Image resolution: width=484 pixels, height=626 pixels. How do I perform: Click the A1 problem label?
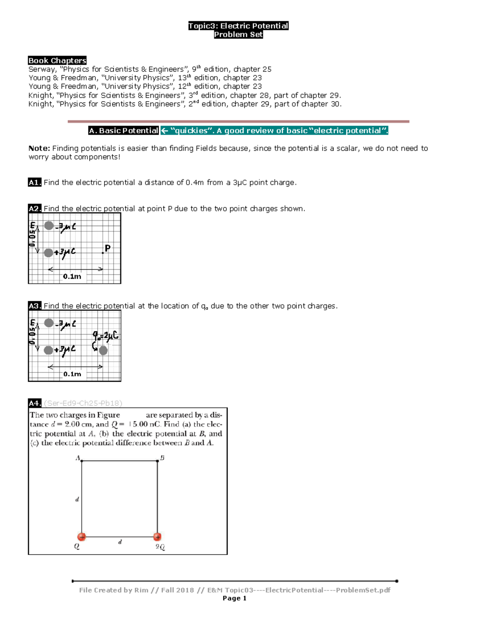coord(35,183)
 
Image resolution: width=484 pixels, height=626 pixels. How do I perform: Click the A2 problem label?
coord(35,208)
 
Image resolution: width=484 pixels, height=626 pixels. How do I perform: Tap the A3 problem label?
coord(35,306)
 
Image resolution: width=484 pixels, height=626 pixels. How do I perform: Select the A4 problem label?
coord(35,403)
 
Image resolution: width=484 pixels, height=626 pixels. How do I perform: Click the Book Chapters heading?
coord(57,60)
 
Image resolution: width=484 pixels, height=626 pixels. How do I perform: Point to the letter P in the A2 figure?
coord(107,248)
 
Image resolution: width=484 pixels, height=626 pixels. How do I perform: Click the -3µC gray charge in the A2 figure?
coord(49,226)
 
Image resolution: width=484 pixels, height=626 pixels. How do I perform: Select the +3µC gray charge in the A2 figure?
coord(48,253)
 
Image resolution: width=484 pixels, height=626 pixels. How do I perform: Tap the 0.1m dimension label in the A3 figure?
coord(72,374)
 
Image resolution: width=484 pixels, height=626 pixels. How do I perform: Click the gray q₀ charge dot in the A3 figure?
coord(103,350)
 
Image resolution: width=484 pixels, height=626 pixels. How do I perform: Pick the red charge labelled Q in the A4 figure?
coord(82,537)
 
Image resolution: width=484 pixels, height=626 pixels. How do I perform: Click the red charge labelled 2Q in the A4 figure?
coord(157,537)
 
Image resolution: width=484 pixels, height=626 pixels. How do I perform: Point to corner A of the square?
coord(82,461)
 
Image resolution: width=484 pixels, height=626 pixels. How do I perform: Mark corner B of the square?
coord(157,461)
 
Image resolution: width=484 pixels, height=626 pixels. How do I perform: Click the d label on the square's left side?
coord(77,499)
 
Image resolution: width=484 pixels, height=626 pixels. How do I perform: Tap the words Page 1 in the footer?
coord(234,598)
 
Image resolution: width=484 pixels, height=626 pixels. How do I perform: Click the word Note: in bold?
coord(39,148)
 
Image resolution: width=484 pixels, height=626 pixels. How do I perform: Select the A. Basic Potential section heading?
coord(123,131)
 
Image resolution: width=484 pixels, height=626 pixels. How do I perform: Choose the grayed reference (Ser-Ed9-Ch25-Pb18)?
coord(83,403)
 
